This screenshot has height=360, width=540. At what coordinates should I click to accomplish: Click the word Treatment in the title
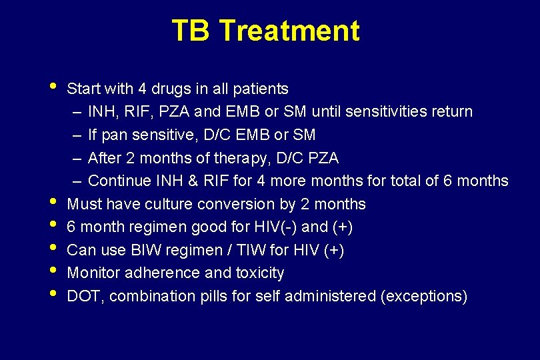point(289,31)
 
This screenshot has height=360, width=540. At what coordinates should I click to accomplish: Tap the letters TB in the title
point(191,31)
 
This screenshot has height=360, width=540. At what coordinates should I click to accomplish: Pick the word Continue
point(116,181)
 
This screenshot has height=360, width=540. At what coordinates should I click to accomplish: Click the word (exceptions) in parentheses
point(423,296)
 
